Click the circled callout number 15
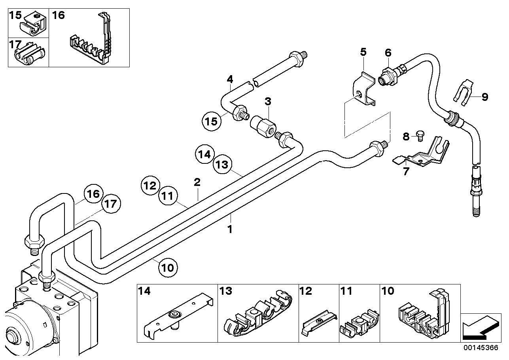[212, 121]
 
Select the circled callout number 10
[168, 268]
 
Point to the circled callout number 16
[93, 194]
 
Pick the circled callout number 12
[150, 186]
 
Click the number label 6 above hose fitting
[388, 52]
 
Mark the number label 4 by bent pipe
[230, 79]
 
